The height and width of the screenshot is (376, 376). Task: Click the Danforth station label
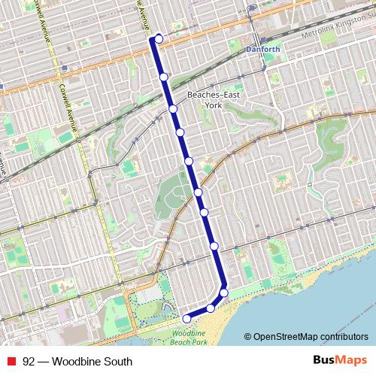click(x=262, y=50)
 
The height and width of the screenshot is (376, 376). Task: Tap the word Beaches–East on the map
click(x=213, y=96)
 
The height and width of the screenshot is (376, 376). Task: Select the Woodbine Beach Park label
click(x=189, y=337)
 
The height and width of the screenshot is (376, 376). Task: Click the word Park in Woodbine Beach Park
click(x=199, y=341)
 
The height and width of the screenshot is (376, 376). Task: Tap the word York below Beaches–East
click(x=213, y=105)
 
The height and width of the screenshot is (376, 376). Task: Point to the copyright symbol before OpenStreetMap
click(x=247, y=337)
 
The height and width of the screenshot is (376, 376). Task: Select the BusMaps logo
click(x=341, y=360)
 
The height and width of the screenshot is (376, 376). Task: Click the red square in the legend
click(x=11, y=362)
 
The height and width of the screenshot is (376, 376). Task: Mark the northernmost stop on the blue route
click(x=159, y=38)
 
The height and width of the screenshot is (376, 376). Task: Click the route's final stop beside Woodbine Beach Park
click(x=186, y=318)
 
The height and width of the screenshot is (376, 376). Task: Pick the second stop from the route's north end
click(x=164, y=77)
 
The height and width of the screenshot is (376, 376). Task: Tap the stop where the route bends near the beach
click(x=223, y=293)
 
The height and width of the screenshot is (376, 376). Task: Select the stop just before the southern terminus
click(x=211, y=308)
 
